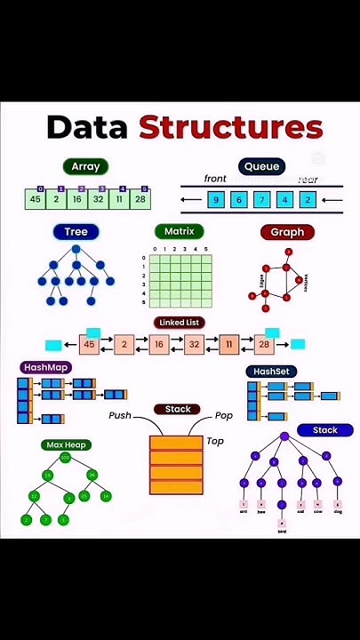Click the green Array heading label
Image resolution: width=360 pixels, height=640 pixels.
[86, 166]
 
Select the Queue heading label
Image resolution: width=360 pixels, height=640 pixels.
[261, 166]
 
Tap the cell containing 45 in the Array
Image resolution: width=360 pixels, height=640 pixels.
[36, 199]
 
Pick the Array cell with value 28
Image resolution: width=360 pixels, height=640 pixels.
[140, 199]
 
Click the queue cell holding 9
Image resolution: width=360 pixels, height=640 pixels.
[215, 200]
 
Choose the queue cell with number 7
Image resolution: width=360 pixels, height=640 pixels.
[261, 200]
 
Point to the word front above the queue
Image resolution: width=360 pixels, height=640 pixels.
[215, 179]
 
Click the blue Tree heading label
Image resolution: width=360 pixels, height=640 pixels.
[76, 232]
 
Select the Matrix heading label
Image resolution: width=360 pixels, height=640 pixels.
[179, 232]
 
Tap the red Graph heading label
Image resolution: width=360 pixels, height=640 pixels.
[287, 232]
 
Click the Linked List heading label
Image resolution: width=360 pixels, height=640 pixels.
[179, 323]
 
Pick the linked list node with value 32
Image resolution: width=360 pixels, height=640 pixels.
[194, 344]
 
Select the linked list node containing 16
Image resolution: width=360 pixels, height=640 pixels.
[159, 344]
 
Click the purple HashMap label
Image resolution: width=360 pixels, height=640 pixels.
[46, 367]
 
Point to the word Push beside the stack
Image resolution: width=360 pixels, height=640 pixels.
[120, 415]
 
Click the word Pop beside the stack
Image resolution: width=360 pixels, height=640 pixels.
[223, 415]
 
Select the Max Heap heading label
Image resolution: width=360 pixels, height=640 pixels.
[67, 444]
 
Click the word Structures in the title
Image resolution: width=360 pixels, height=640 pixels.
[230, 127]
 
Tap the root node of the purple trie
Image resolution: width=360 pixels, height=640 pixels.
[284, 436]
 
